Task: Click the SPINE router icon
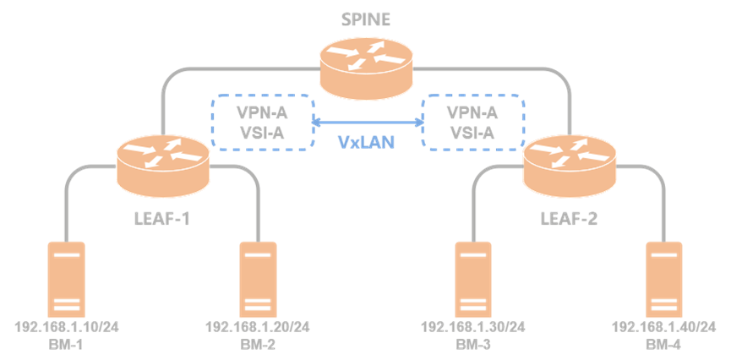(367, 68)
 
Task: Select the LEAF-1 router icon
(163, 168)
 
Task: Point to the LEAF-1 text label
(161, 219)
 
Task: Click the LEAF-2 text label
(569, 219)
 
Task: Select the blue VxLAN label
(367, 142)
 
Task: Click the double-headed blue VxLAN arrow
(368, 123)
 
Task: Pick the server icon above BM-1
(66, 280)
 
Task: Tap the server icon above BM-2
(259, 280)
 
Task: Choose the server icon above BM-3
(473, 280)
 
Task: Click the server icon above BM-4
(664, 280)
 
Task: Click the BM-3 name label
(473, 345)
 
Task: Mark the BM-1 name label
(66, 345)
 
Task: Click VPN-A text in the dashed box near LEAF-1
(261, 113)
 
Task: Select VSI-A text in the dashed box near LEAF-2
(472, 134)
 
